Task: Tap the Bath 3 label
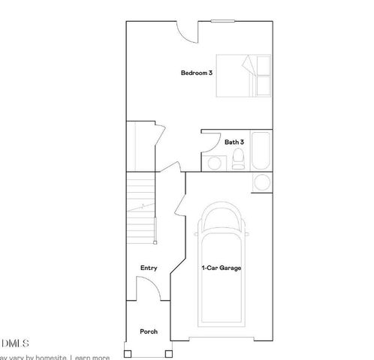point(234,141)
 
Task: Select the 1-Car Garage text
point(221,267)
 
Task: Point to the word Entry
point(149,268)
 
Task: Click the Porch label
point(149,331)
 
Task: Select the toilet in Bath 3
point(238,158)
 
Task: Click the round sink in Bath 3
point(215,162)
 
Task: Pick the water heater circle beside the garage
point(262,181)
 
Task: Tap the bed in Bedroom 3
point(243,75)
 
